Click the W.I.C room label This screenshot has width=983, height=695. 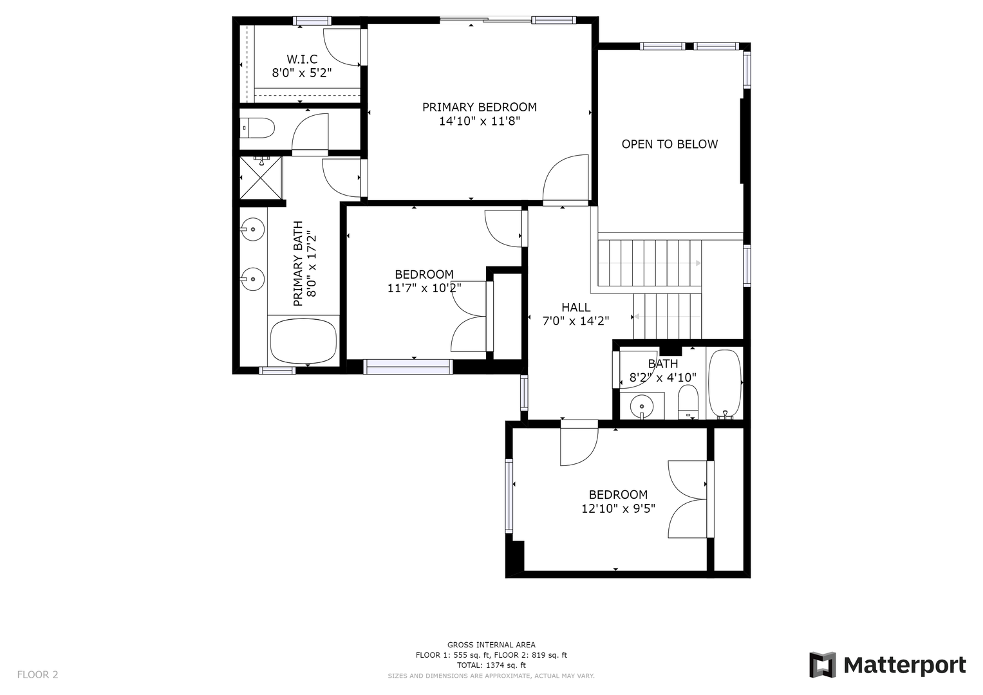pos(302,59)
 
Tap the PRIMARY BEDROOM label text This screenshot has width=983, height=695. pos(479,107)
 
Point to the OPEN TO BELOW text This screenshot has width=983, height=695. pos(669,144)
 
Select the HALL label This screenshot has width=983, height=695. pos(576,307)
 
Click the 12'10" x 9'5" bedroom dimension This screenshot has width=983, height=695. pos(618,508)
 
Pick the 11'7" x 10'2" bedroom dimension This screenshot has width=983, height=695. pos(424,288)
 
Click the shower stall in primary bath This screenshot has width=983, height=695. pos(261,178)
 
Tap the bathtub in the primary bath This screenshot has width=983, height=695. pos(303,341)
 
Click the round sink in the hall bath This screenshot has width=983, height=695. pos(642,406)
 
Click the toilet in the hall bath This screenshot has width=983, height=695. pos(688,402)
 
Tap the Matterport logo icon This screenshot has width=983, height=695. pos(822,665)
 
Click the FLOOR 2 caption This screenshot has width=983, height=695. pos(38,674)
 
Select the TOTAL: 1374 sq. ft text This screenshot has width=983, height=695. pos(491,665)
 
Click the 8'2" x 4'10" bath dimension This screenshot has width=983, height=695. pos(662,377)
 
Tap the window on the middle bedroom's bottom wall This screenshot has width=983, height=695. pos(408,367)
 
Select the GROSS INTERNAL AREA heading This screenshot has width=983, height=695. pos(491,645)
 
